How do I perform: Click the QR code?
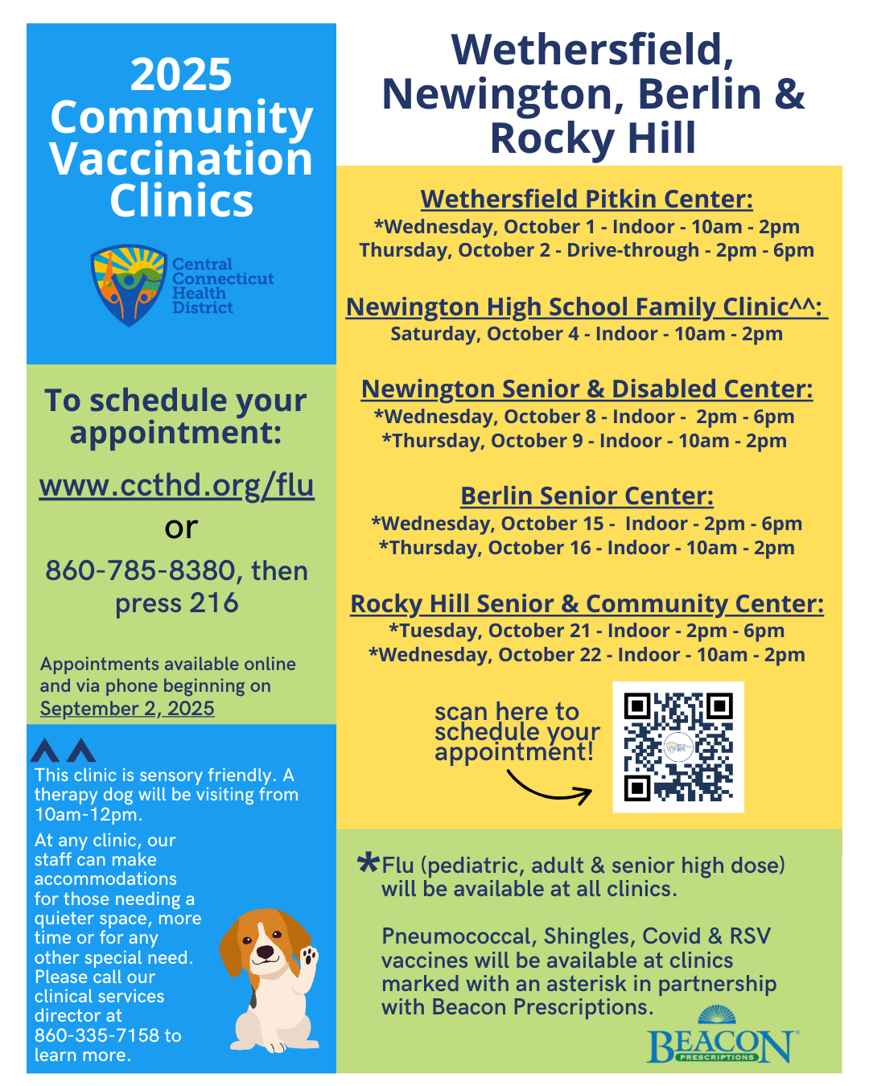(x=678, y=747)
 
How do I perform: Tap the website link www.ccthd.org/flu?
(x=177, y=485)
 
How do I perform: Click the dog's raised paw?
(x=309, y=956)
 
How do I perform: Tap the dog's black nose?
(x=265, y=952)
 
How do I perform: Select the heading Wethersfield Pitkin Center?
(x=587, y=199)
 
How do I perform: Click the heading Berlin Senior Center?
(x=587, y=496)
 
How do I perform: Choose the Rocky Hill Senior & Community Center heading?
(x=587, y=603)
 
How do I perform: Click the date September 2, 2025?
(x=127, y=709)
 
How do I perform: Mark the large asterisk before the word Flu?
(x=368, y=864)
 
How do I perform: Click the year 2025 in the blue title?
(x=181, y=75)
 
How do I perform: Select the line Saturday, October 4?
(x=587, y=334)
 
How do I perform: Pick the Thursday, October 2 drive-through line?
(x=587, y=250)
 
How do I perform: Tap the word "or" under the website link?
(x=181, y=528)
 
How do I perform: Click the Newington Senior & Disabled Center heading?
(x=587, y=389)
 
